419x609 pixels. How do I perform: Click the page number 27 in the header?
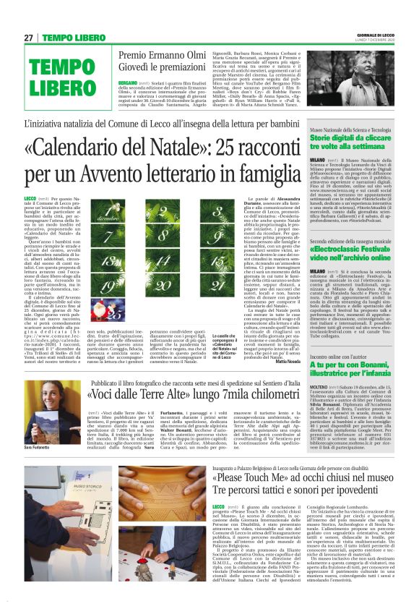pyautogui.click(x=28, y=38)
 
